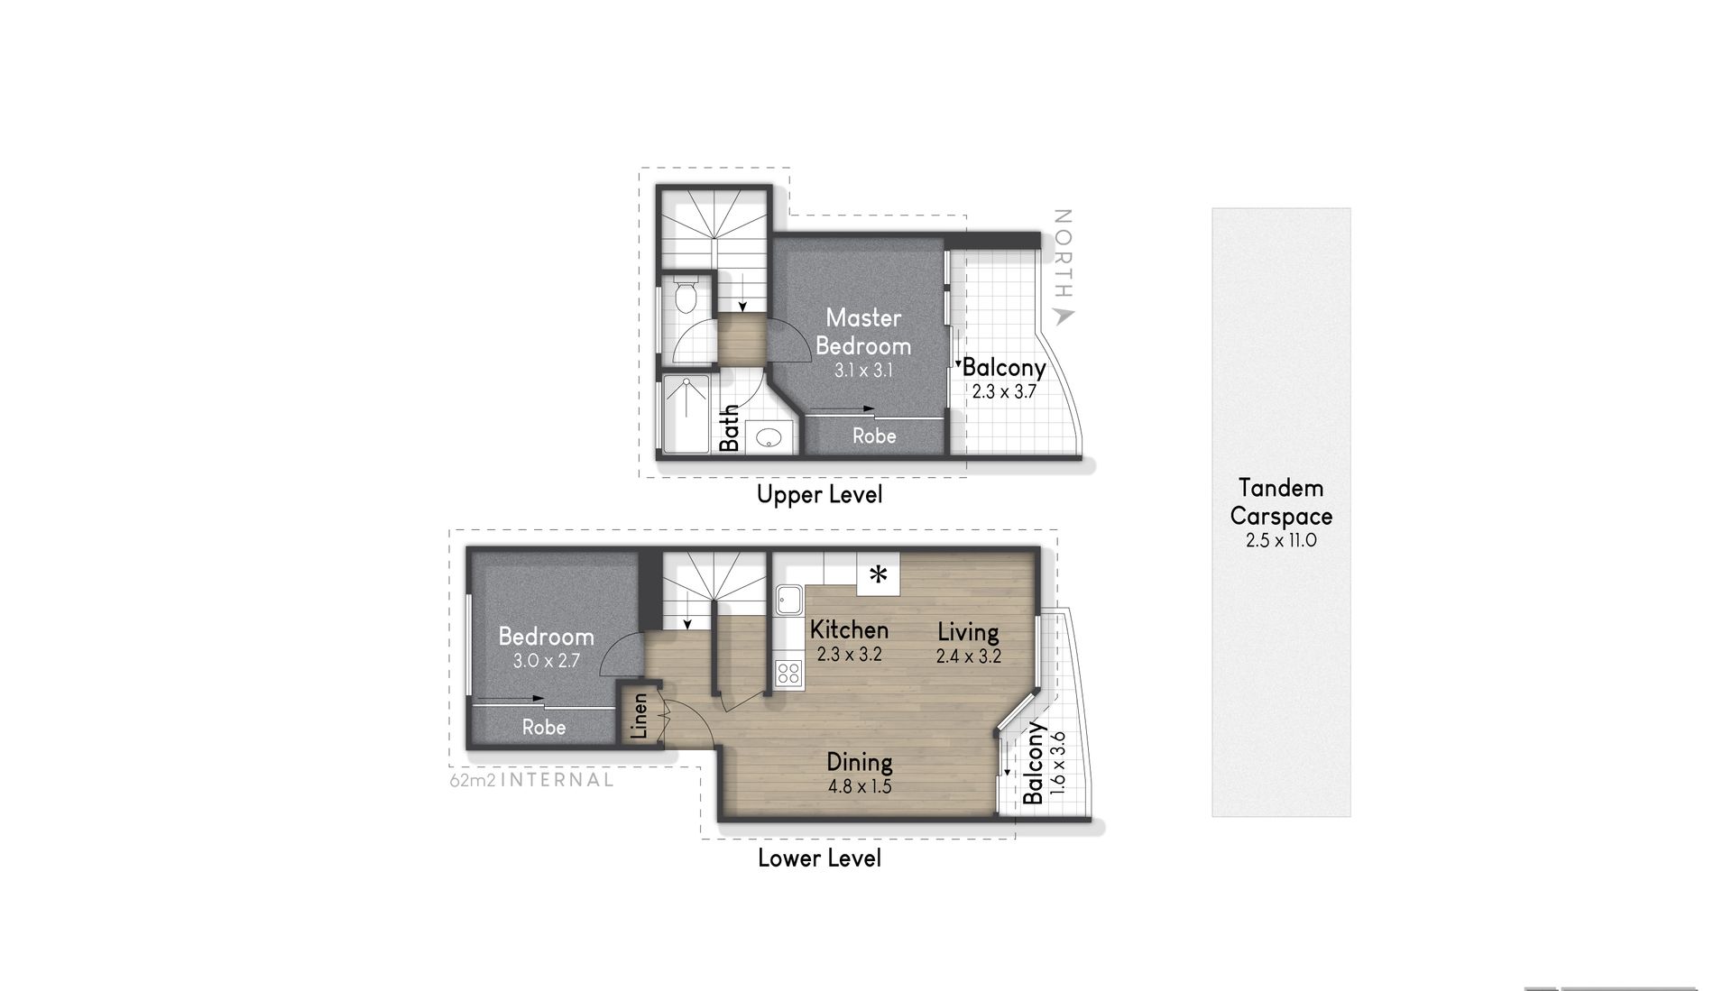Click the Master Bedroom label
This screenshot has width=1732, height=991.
[x=863, y=332]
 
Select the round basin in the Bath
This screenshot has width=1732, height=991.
[x=769, y=438]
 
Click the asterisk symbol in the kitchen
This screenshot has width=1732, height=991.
[x=878, y=573]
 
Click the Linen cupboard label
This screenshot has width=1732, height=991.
[x=639, y=715]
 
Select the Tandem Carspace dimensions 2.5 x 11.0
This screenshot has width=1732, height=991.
[x=1281, y=541]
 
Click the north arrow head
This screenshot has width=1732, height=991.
[x=1064, y=316]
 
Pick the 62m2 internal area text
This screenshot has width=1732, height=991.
[x=531, y=780]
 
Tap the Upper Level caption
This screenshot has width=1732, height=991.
[x=819, y=494]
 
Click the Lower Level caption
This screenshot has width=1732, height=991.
[x=819, y=858]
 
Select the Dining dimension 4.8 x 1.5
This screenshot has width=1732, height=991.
[x=860, y=786]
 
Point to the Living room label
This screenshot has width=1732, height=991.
[x=968, y=632]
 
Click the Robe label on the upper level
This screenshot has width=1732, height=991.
[x=874, y=436]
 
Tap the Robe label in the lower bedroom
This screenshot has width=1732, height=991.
[x=544, y=727]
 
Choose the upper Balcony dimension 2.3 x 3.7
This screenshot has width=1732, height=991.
[x=1004, y=392]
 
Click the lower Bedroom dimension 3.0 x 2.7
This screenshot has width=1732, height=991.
[x=546, y=661]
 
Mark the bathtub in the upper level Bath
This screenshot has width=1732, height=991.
[x=686, y=414]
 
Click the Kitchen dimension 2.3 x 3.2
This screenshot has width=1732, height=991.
[x=849, y=655]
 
